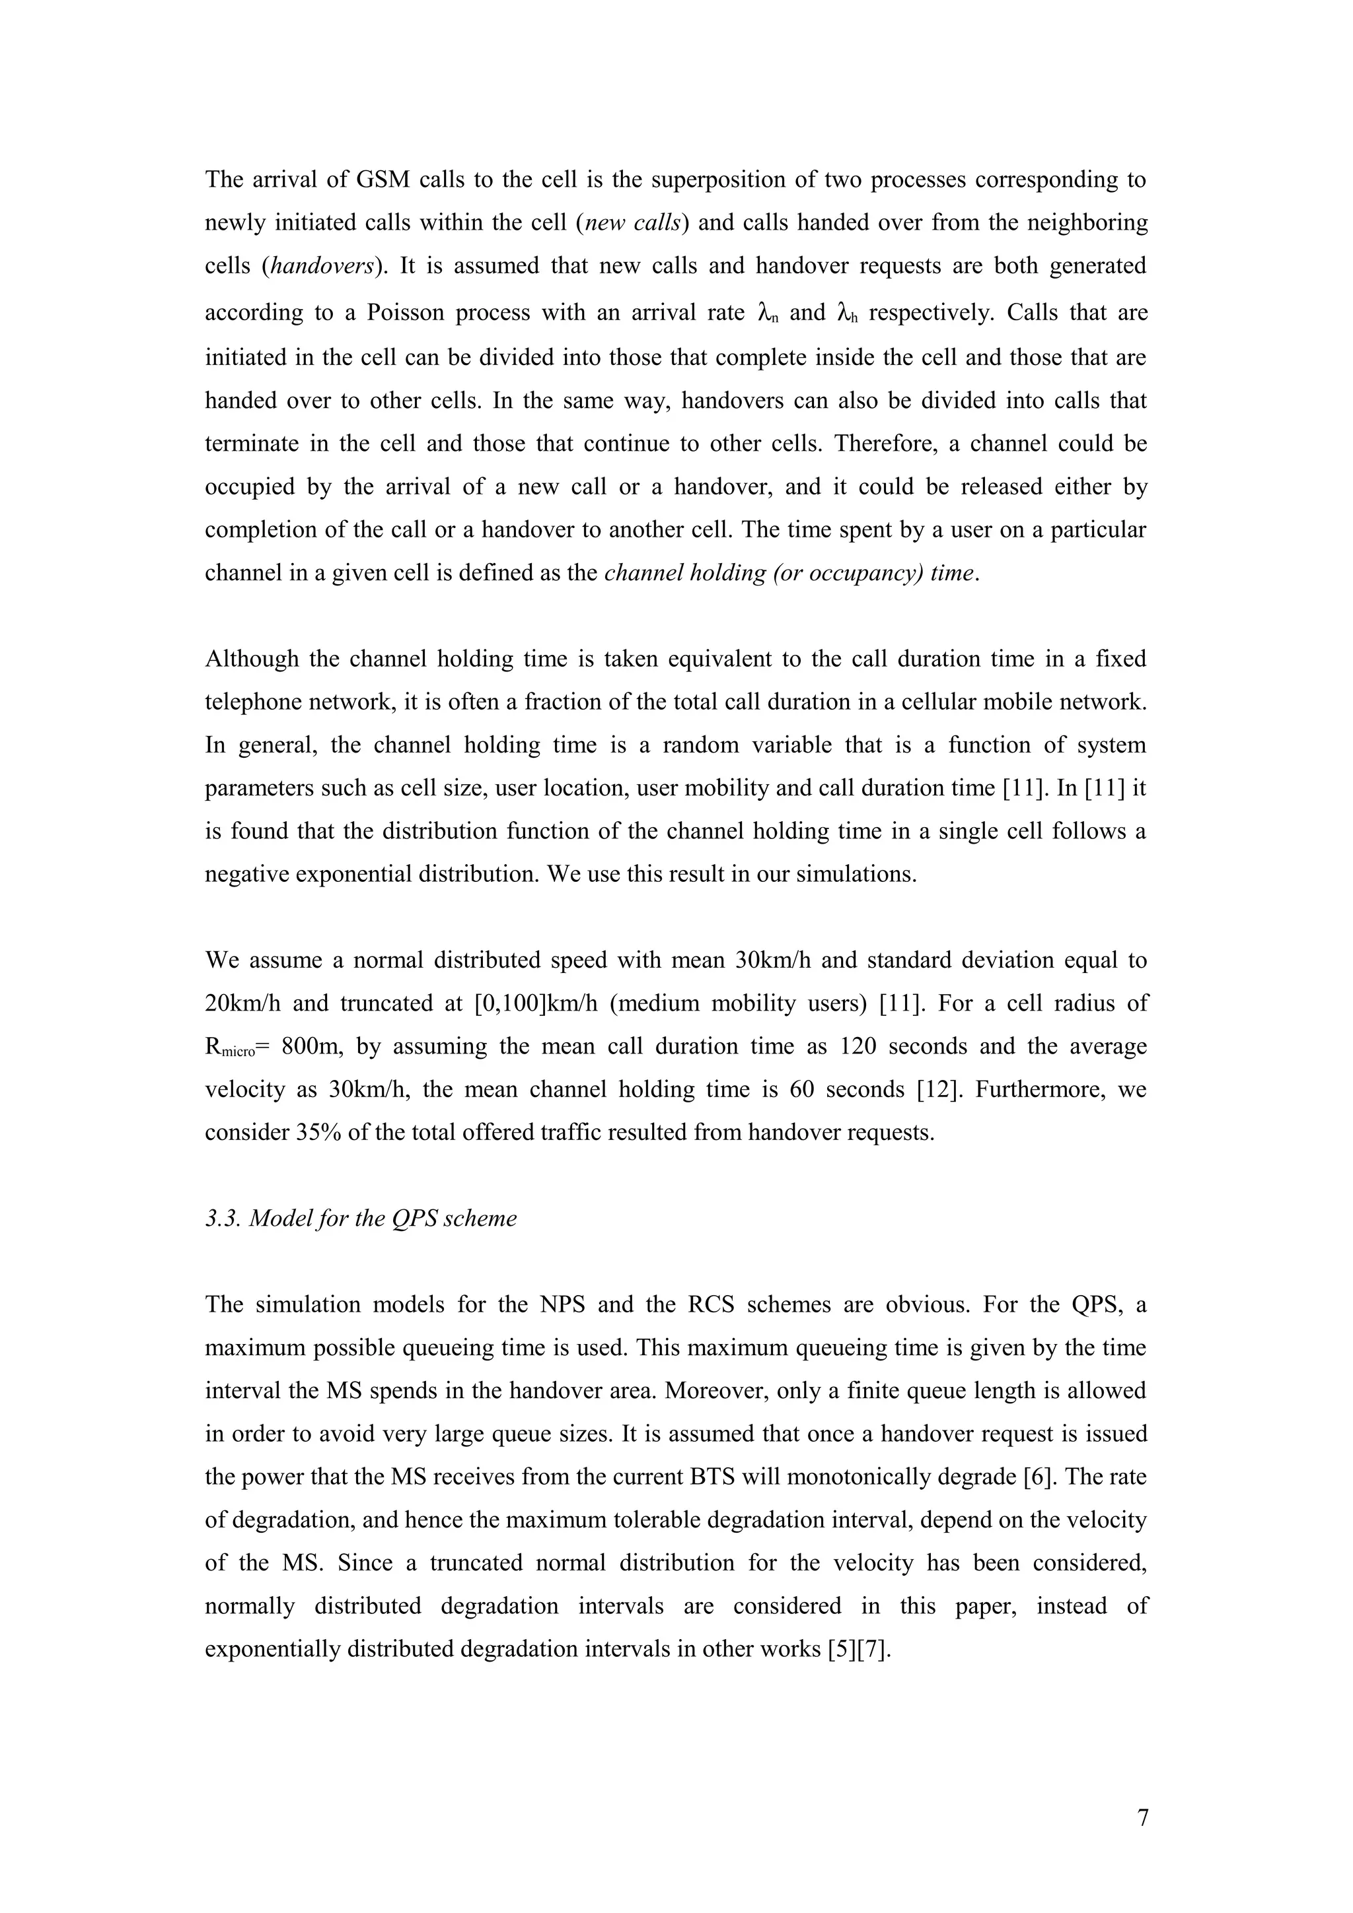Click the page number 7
tap(1142, 1817)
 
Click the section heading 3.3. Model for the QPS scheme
tap(360, 1218)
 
